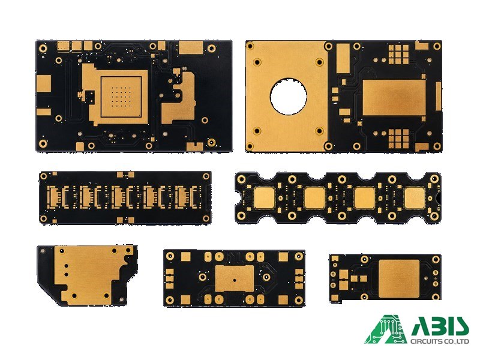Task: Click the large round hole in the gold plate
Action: coord(288,97)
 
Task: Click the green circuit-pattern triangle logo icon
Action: coord(386,329)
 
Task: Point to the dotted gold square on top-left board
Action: coord(121,97)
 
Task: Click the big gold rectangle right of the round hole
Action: coord(394,98)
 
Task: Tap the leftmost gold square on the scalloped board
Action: coord(264,198)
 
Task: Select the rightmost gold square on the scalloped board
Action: coord(415,198)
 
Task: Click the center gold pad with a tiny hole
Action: coord(235,278)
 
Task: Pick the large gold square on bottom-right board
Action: coord(398,279)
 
